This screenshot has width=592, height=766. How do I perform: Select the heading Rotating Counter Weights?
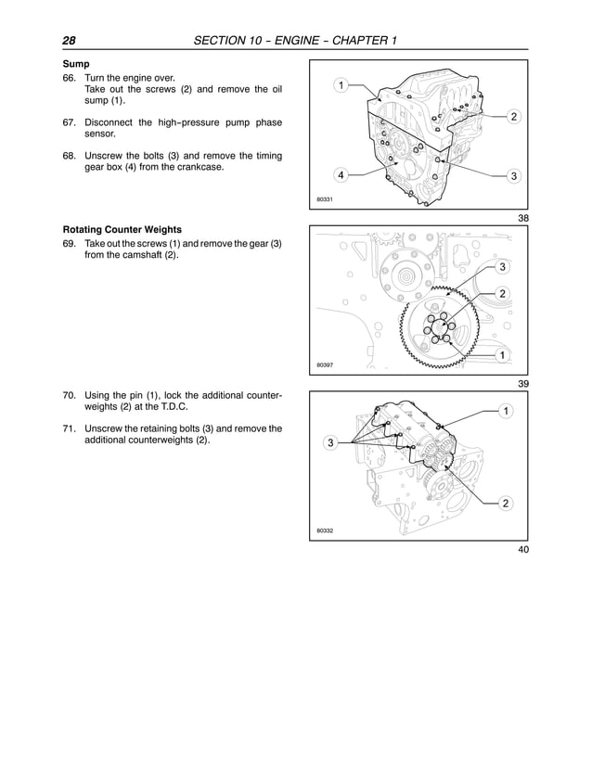[122, 229]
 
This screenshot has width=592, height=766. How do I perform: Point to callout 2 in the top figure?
[513, 116]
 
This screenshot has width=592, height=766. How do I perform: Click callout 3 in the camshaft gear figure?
[502, 268]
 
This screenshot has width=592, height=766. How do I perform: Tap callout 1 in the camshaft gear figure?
[502, 355]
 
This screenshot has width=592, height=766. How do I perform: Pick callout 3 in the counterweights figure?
[329, 443]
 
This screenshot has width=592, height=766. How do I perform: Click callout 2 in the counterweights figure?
[505, 504]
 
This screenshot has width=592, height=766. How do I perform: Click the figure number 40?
[522, 551]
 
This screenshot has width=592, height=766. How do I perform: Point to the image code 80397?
[325, 365]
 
